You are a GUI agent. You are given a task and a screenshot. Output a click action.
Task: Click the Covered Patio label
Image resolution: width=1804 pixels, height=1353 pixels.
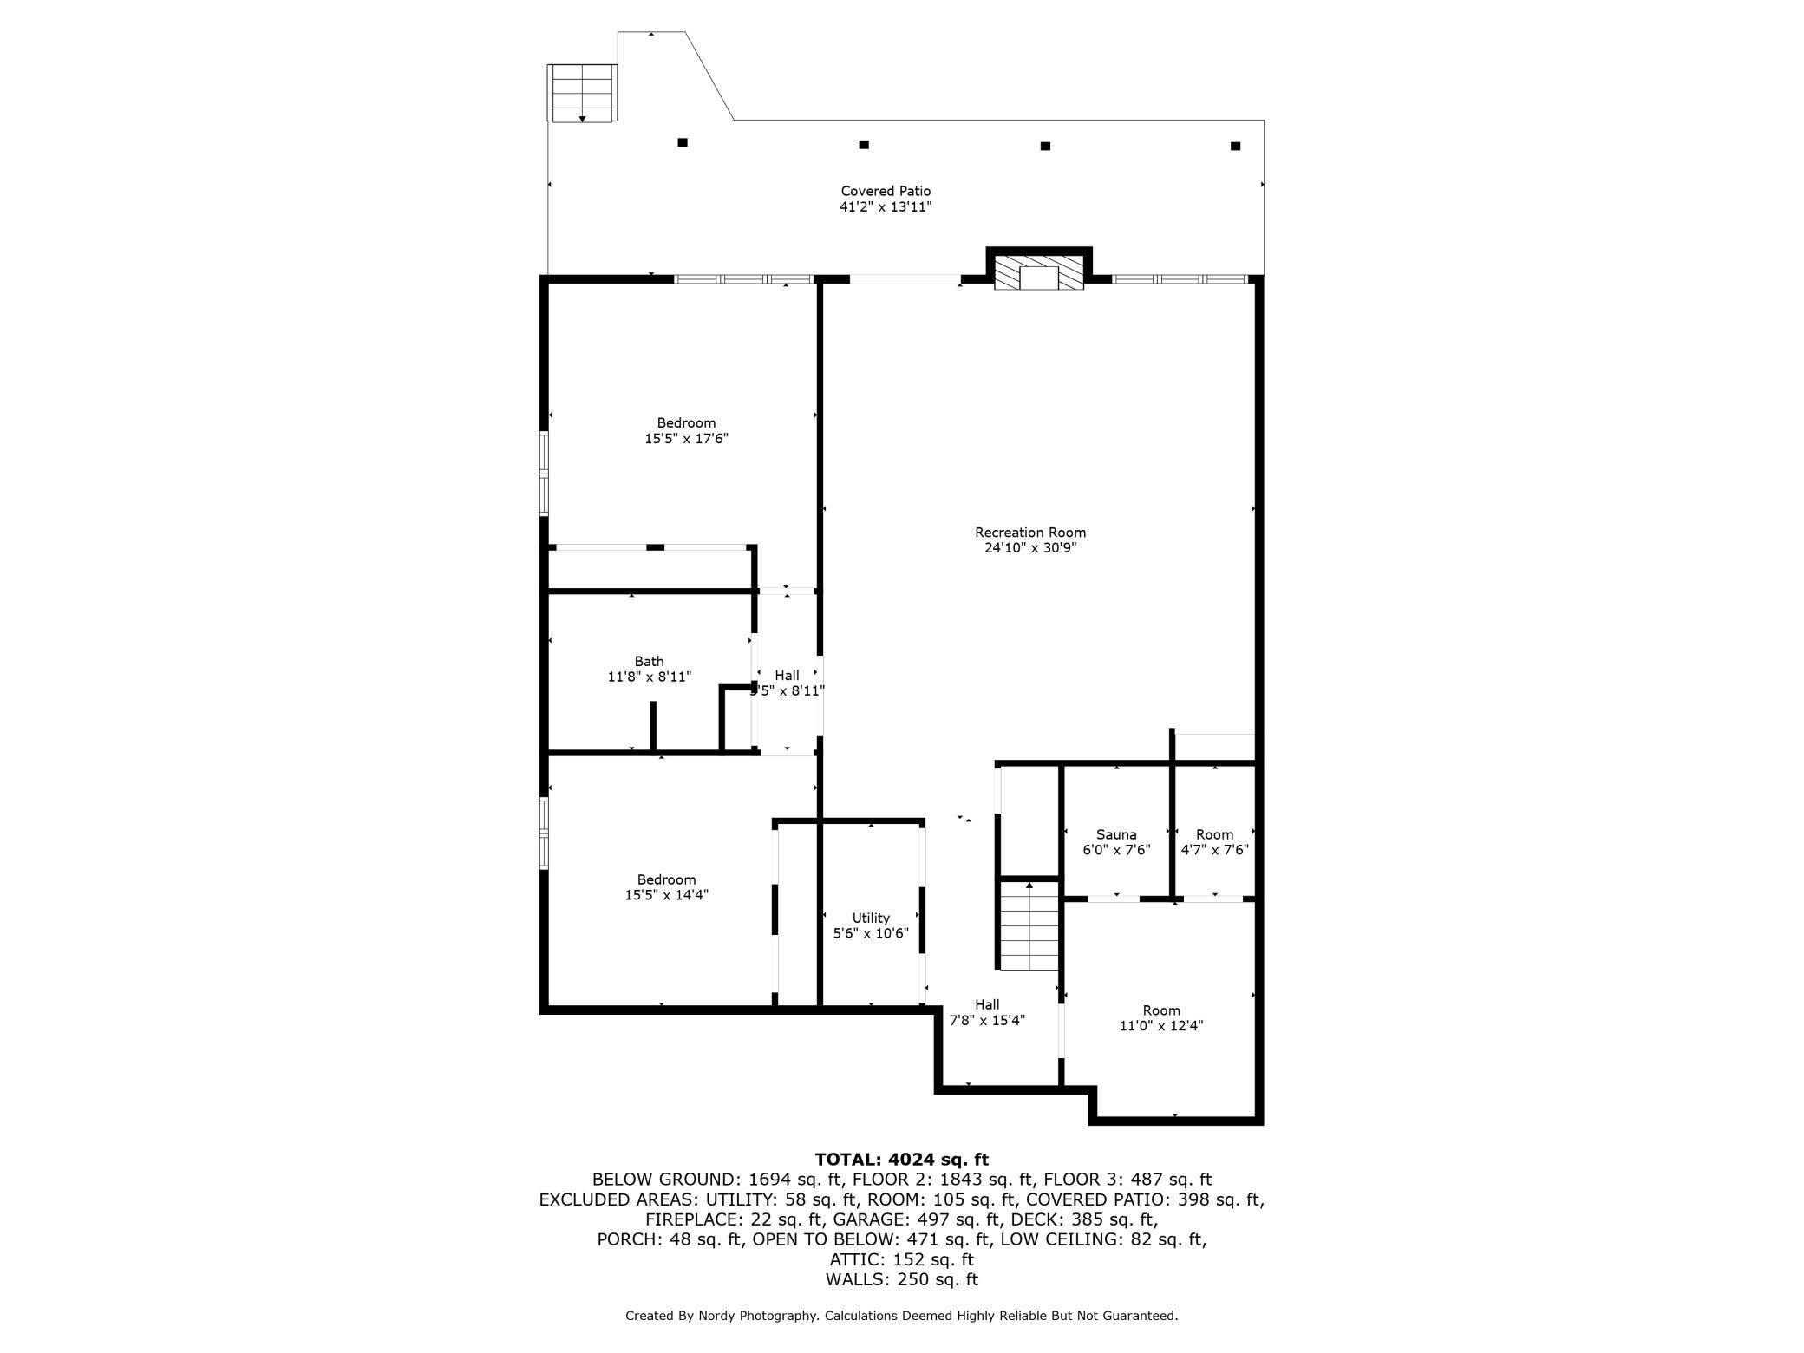click(886, 191)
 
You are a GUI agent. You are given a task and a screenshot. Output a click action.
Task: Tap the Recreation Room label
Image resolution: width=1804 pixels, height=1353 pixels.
click(1030, 533)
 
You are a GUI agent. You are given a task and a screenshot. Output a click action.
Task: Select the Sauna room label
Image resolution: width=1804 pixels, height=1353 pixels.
click(1116, 834)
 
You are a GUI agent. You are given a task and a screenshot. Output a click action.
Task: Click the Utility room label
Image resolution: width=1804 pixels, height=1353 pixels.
click(871, 918)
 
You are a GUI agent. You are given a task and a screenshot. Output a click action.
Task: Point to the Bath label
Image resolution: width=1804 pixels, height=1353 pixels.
click(649, 662)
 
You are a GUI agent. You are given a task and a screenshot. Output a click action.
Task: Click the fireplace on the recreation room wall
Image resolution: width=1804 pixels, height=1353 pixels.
click(1038, 272)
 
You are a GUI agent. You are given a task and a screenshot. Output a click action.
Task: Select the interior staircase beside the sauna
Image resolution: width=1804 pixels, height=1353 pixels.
click(1029, 925)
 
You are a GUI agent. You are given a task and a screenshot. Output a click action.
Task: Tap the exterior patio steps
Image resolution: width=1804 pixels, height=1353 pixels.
click(582, 93)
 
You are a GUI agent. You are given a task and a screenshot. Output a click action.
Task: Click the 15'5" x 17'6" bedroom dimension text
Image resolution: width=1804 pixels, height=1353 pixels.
click(686, 439)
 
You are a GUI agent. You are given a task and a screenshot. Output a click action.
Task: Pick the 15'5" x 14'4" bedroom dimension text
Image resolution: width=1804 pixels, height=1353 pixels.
click(666, 895)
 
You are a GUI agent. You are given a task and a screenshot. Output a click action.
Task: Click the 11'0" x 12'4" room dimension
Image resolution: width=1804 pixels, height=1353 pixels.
click(1161, 1026)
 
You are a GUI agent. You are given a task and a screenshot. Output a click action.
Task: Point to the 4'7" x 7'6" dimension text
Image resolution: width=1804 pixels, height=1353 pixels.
click(1214, 850)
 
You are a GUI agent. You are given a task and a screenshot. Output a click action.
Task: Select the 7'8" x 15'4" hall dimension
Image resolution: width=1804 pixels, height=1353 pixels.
click(987, 1021)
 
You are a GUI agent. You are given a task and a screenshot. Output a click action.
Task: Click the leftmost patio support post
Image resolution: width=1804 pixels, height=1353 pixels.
click(683, 142)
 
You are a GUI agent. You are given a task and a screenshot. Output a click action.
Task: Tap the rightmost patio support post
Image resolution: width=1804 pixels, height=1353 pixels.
click(1236, 146)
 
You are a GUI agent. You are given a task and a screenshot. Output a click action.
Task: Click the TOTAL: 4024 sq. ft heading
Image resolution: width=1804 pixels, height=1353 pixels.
click(902, 1160)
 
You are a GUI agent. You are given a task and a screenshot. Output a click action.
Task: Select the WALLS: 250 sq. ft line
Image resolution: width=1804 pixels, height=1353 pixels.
click(902, 1279)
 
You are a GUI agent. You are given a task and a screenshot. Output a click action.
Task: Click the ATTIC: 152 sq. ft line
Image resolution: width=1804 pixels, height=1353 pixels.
click(902, 1259)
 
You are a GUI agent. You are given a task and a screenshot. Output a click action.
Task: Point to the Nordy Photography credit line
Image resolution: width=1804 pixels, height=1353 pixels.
click(902, 1316)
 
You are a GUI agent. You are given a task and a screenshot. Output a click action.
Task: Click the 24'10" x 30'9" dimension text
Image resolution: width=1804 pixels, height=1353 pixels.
click(1030, 548)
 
